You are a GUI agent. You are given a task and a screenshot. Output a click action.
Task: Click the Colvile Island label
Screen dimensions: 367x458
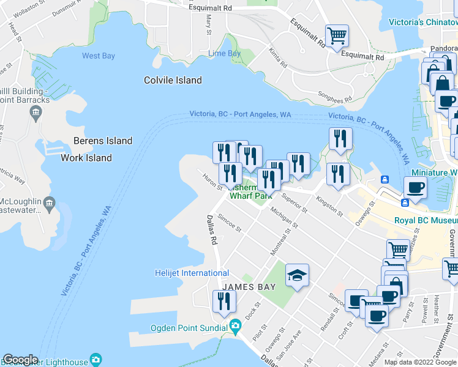(x=173, y=80)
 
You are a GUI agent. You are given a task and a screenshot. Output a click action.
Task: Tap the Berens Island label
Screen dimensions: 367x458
(x=103, y=141)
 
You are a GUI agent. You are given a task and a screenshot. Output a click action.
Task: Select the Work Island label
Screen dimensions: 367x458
(x=86, y=158)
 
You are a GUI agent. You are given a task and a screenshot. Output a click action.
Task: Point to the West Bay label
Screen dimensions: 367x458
(x=99, y=56)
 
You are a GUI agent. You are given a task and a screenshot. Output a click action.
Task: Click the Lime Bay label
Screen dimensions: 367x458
(x=224, y=54)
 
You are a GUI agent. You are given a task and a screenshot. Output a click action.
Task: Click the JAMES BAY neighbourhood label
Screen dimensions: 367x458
(x=249, y=286)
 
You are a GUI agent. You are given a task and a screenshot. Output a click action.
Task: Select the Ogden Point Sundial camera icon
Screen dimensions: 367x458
(x=235, y=327)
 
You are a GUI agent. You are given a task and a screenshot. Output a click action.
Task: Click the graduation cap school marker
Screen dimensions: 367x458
(x=297, y=275)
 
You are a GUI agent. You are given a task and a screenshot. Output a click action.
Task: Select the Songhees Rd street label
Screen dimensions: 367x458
(x=335, y=97)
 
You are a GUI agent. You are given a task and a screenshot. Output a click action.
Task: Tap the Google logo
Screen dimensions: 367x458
(x=20, y=360)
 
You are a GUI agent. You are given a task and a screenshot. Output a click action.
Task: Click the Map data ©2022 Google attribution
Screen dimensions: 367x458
(x=420, y=362)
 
